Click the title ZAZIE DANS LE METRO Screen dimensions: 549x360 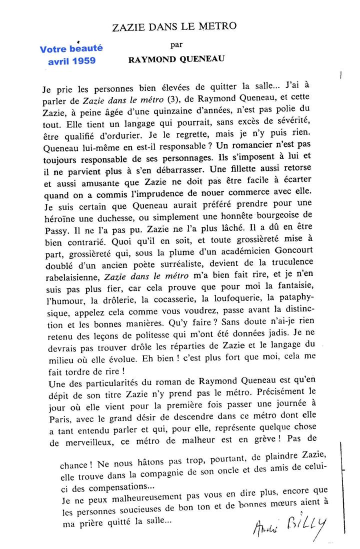pyautogui.click(x=174, y=26)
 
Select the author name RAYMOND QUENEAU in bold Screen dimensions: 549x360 pyautogui.click(x=176, y=59)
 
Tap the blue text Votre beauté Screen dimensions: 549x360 pyautogui.click(x=71, y=48)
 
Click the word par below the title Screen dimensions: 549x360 pyautogui.click(x=176, y=44)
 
